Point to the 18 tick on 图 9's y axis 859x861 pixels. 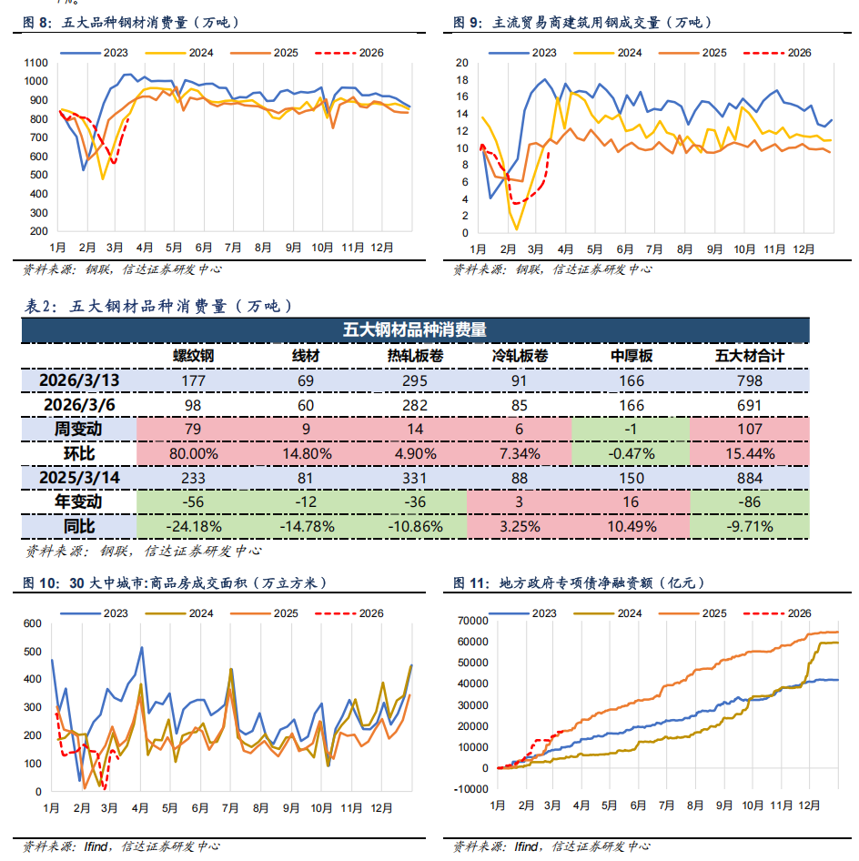coord(461,79)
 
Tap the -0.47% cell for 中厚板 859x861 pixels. coord(631,452)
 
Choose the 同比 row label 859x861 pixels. coord(78,525)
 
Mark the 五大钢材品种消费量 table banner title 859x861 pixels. coord(414,330)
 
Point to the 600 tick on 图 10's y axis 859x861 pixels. coord(33,623)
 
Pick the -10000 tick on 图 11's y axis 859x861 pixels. coord(471,789)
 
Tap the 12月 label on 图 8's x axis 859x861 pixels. coord(382,248)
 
